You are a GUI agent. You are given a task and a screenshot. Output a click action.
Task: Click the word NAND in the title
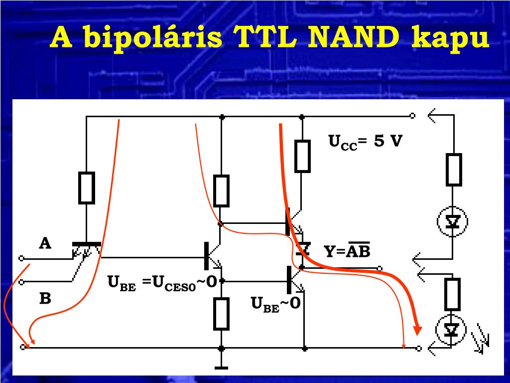(354, 37)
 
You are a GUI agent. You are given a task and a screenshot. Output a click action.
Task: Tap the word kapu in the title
(450, 39)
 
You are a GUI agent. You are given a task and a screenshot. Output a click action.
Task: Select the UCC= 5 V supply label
(365, 142)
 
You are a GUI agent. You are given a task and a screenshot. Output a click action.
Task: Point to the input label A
(45, 243)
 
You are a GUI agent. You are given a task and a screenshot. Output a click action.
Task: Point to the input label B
(45, 298)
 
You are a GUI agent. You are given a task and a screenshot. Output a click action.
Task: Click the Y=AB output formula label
(347, 250)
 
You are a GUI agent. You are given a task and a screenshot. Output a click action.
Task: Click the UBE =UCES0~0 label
(162, 283)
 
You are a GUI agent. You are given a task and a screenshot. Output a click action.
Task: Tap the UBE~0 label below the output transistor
(276, 304)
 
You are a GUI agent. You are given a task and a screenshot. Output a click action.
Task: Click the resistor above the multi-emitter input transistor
(87, 188)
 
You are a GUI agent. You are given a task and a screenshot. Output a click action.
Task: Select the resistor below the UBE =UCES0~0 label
(221, 314)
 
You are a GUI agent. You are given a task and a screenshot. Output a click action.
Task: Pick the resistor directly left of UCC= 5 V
(302, 156)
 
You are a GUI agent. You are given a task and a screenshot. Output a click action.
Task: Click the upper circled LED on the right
(452, 221)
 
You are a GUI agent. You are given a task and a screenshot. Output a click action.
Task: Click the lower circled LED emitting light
(451, 330)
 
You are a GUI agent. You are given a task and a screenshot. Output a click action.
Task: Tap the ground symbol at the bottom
(221, 368)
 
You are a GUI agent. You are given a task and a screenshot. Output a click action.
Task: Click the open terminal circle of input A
(21, 259)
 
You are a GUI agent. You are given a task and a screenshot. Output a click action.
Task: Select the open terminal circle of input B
(21, 282)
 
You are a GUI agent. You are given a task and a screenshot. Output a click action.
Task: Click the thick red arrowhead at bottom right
(417, 330)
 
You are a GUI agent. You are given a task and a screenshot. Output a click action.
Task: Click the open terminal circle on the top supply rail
(412, 116)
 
